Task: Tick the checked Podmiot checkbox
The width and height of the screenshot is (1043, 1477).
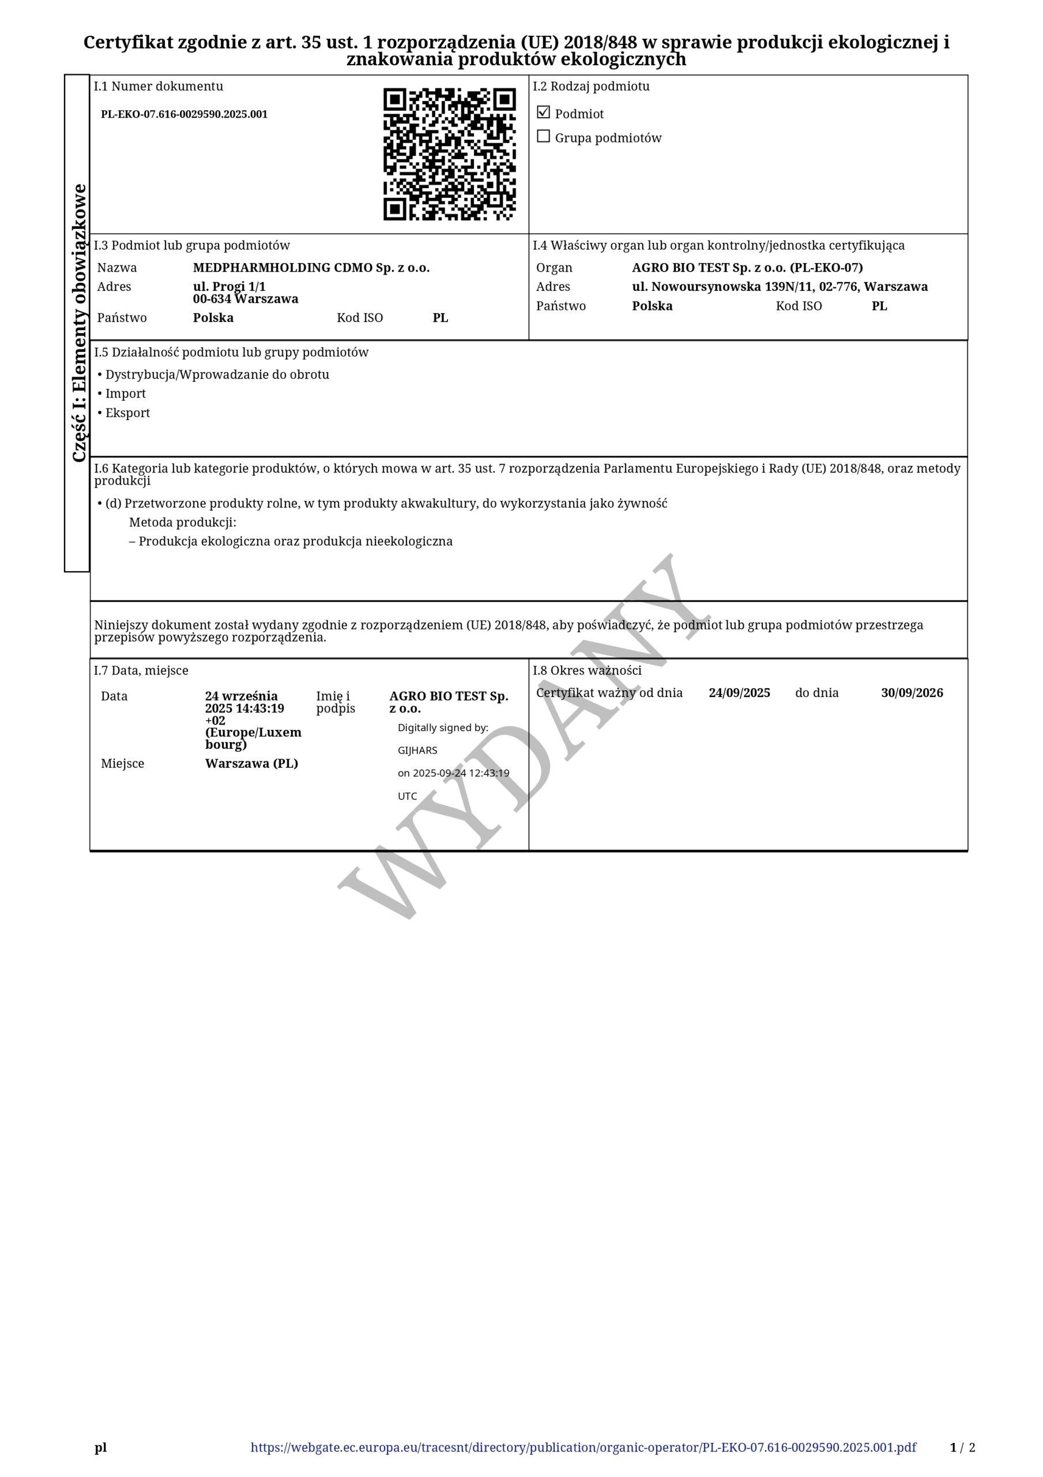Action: [543, 113]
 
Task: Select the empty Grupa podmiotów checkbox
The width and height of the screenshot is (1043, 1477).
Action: [543, 136]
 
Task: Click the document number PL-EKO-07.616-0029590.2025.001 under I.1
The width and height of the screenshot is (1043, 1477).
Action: [184, 114]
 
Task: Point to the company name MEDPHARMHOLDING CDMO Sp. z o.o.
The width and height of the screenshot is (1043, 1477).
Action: [311, 268]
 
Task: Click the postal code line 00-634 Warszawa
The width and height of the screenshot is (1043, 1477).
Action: [246, 299]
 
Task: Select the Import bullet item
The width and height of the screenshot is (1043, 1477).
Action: [125, 393]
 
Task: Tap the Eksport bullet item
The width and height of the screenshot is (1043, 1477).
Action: [127, 413]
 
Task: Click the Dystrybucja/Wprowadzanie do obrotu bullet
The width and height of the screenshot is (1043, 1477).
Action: [217, 374]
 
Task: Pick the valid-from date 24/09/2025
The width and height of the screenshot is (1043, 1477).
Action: [739, 693]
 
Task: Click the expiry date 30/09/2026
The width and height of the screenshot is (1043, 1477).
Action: [911, 693]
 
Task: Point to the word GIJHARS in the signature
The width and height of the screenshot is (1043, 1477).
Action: [417, 750]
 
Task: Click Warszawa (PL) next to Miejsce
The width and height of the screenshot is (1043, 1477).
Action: [251, 763]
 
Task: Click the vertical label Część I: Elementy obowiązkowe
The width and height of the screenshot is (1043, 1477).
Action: [78, 323]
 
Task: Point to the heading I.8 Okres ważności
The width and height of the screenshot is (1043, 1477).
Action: [586, 670]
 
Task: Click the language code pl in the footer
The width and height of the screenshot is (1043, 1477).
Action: [101, 1448]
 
